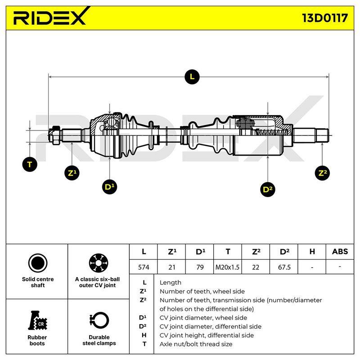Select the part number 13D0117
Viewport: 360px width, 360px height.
coord(324,18)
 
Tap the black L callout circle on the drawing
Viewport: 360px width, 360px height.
coord(192,76)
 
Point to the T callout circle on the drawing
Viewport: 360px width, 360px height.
coord(30,164)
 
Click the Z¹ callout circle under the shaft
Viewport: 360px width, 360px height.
coord(72,173)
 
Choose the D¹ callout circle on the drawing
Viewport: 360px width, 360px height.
coord(109,187)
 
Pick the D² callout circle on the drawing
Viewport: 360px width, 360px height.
coord(268,189)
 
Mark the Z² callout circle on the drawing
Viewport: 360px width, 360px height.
coord(322,173)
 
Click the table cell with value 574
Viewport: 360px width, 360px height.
coord(144,267)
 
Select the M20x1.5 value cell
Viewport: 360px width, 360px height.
coord(227,267)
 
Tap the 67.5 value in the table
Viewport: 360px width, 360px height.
coord(284,267)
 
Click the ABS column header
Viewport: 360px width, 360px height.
coord(340,252)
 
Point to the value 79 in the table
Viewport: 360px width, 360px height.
coord(199,267)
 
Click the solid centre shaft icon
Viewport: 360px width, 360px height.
coord(38,263)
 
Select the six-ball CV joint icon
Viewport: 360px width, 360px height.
coord(99,263)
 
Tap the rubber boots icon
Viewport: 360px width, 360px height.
coord(37,320)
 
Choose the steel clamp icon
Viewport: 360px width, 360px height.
coord(99,320)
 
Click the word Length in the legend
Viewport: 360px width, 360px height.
coord(171,283)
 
